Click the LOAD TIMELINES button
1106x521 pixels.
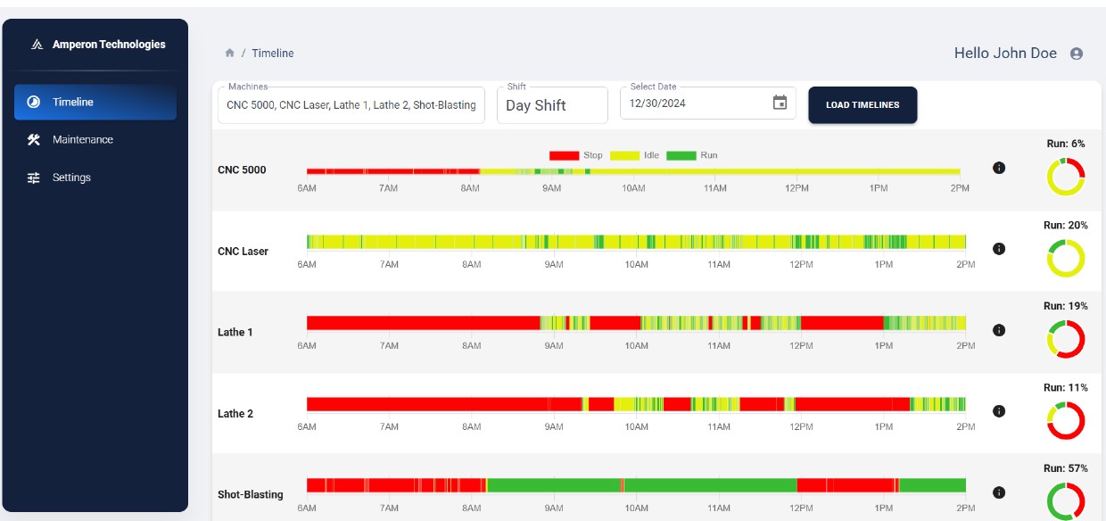pos(863,104)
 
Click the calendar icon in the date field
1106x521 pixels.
pos(780,103)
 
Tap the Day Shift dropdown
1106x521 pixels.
pos(552,105)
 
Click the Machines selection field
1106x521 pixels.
pos(351,105)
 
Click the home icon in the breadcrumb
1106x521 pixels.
pos(229,53)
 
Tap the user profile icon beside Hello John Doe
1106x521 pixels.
pos(1077,54)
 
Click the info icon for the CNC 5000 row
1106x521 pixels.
pos(999,168)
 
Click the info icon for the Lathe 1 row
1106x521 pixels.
pos(999,330)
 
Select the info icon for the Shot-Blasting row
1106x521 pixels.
pos(999,492)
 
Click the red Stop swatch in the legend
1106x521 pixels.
pos(564,155)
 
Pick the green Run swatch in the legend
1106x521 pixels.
pos(681,155)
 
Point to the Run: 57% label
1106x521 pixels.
pos(1066,468)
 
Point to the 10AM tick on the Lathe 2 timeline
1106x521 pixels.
pos(636,426)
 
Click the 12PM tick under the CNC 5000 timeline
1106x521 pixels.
pos(796,188)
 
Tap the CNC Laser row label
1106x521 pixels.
pos(243,252)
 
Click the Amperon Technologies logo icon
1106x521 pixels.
pos(37,45)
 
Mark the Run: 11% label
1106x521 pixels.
pos(1066,388)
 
